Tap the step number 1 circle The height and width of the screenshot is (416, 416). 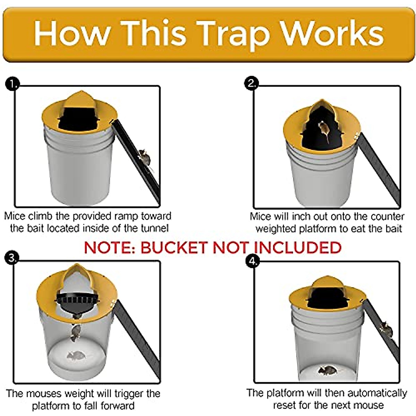(13, 84)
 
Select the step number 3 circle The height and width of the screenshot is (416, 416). (12, 258)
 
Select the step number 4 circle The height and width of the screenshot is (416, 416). (252, 261)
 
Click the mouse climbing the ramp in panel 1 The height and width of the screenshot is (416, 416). (145, 158)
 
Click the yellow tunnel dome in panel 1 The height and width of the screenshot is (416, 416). (80, 101)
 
